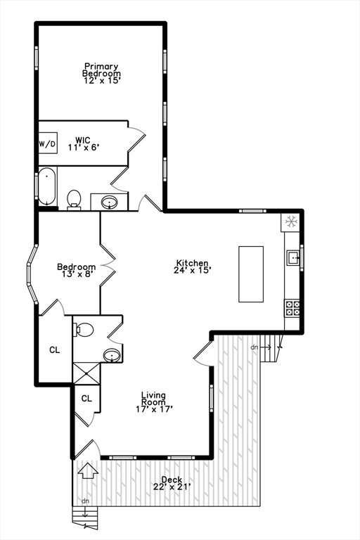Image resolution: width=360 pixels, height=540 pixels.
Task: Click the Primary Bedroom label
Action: click(x=101, y=73)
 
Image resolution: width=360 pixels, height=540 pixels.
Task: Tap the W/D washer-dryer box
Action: click(x=47, y=144)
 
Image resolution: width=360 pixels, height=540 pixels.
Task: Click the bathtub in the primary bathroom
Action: click(x=47, y=186)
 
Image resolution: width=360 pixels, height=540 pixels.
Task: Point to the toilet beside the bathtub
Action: click(x=74, y=200)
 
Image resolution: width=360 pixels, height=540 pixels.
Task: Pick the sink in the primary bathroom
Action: click(x=110, y=202)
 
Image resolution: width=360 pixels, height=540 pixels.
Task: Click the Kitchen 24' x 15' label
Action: click(x=193, y=266)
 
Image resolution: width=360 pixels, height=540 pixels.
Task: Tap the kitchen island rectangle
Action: click(x=251, y=274)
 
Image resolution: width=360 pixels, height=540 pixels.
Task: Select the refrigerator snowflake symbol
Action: click(x=290, y=222)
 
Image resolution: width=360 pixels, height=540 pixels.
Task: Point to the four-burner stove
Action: click(x=292, y=307)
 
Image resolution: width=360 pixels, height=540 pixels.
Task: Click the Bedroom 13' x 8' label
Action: click(x=77, y=270)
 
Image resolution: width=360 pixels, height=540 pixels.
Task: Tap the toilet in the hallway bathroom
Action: click(x=84, y=329)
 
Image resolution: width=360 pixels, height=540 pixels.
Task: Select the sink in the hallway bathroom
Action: click(x=112, y=355)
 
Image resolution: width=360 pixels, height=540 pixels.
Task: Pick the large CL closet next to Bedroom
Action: click(x=54, y=349)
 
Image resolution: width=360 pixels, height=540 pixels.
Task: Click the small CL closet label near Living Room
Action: click(x=86, y=399)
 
